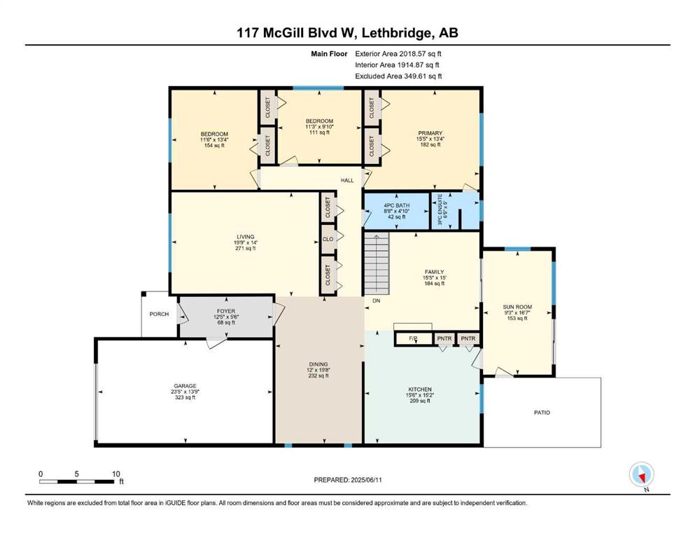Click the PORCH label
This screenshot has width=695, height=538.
coord(159,314)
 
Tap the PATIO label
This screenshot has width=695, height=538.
coord(542,413)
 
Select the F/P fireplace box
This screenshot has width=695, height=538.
coord(413,339)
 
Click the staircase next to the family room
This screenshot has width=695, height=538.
coord(377,263)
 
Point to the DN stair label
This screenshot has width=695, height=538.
coord(377,301)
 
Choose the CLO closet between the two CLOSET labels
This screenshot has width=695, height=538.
coord(328,240)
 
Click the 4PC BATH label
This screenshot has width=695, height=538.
coord(397,205)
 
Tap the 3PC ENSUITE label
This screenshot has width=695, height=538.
coord(440,209)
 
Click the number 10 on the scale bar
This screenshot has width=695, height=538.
coord(115,474)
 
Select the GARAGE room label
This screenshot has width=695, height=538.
coord(185,386)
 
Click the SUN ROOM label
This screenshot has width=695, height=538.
coord(517,307)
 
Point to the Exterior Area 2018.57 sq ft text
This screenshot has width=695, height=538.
coord(398,54)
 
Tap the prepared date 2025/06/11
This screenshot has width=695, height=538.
coord(366,480)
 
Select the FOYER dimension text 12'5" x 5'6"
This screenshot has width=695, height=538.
coord(226,317)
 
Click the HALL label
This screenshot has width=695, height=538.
coord(347,180)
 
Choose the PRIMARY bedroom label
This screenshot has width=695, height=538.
coord(430,133)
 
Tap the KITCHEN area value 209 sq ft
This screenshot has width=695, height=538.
coord(420,401)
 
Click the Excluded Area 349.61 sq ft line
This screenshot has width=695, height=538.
coord(398,76)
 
